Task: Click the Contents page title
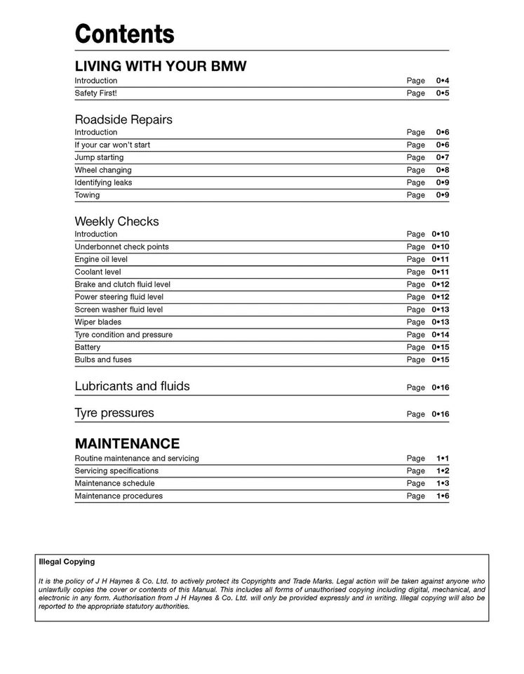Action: click(x=125, y=34)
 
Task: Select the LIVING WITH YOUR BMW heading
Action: click(x=161, y=67)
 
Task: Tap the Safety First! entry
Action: click(x=96, y=93)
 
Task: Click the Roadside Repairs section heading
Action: click(x=123, y=119)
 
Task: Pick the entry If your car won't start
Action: click(x=112, y=145)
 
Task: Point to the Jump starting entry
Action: click(x=99, y=158)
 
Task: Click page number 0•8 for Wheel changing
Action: click(x=442, y=171)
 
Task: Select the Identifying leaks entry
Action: click(x=103, y=183)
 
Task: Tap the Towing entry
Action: click(x=87, y=196)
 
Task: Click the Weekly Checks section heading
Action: click(x=116, y=221)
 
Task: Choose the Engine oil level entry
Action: click(x=101, y=260)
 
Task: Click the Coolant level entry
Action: click(x=98, y=272)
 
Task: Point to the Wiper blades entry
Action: click(x=98, y=322)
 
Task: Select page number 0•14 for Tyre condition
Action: click(x=441, y=335)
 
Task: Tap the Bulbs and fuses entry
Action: click(x=103, y=360)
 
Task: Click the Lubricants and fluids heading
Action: click(x=132, y=386)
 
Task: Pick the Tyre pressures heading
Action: click(x=114, y=413)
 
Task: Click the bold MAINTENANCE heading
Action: click(x=127, y=444)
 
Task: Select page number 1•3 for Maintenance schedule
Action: click(x=442, y=484)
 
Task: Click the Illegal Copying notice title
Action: click(x=67, y=562)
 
